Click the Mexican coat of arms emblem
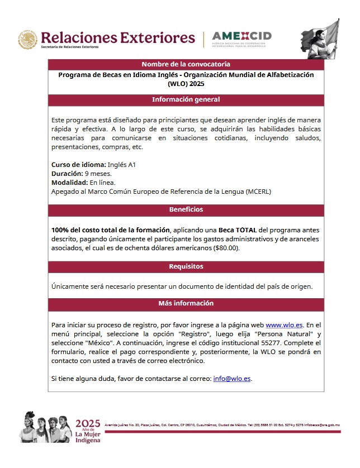click(x=27, y=39)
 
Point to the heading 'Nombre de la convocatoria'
click(x=186, y=64)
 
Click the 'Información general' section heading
click(x=186, y=100)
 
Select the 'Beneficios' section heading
click(x=186, y=210)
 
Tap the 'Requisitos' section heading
click(x=186, y=266)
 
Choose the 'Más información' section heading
click(x=186, y=304)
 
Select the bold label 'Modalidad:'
click(x=70, y=183)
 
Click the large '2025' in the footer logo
click(x=88, y=423)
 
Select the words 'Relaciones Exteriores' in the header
click(x=119, y=37)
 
